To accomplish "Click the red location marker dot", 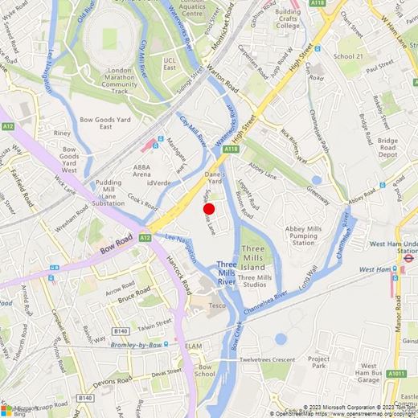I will point(209,209).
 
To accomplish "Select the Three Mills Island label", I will point(253,257).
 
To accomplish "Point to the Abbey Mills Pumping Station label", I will point(304,236).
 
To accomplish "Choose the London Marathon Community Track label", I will point(120,81).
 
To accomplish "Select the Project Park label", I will point(318,363).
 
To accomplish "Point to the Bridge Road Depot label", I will point(387,148).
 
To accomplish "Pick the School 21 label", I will point(348,57).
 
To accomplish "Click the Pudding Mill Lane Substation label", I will point(109,193).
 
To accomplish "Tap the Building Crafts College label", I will point(288,18).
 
